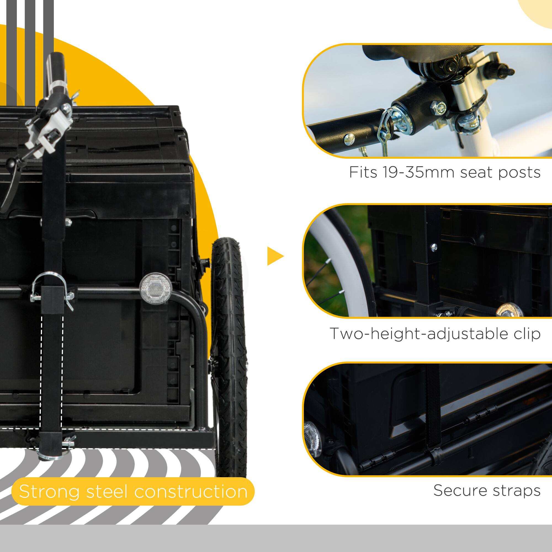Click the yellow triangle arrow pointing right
click(x=275, y=256)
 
